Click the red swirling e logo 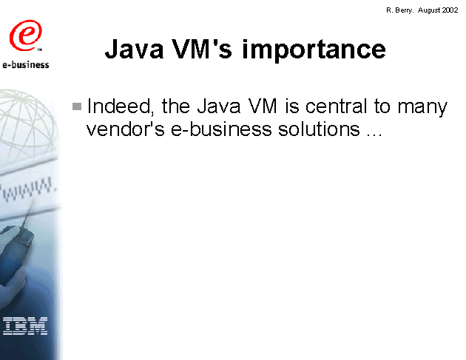coord(26,35)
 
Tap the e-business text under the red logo coord(26,65)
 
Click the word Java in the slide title coord(135,50)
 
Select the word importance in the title coord(314,50)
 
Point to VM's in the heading coord(202,49)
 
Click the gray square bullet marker coord(77,106)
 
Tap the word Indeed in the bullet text coord(121,106)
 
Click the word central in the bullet coord(336,106)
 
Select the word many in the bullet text coord(422,108)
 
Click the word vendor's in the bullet coord(125,129)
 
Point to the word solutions coord(319,129)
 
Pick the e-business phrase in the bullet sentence coord(221,129)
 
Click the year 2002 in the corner coord(450,10)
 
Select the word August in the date coord(429,10)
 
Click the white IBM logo coord(25,326)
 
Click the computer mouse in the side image coord(18,243)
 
